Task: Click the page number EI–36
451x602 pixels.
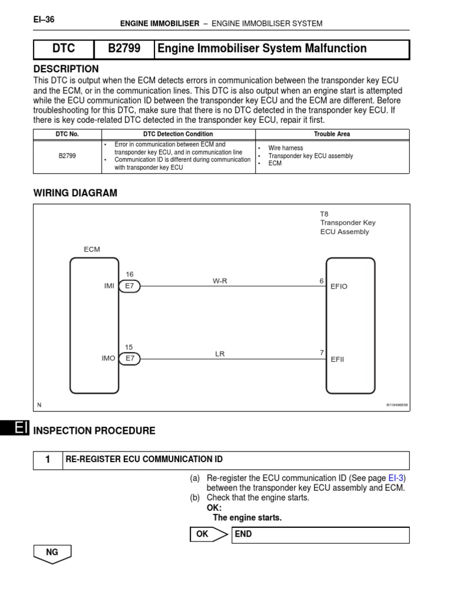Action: coord(44,19)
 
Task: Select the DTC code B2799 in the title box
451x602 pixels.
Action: coord(124,49)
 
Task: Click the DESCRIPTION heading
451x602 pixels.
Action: coord(66,69)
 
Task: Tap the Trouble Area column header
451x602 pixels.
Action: coord(332,134)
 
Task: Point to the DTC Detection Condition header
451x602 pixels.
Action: coord(178,134)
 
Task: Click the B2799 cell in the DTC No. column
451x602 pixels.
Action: coord(67,156)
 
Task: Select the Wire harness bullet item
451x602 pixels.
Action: coord(285,148)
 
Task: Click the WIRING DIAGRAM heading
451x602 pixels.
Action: coord(75,193)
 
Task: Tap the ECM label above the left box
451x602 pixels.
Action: coord(92,249)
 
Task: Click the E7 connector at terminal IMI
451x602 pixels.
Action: coord(129,286)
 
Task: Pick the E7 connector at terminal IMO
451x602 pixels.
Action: coord(129,358)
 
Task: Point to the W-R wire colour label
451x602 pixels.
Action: coord(220,281)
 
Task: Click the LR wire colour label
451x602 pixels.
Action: coord(220,353)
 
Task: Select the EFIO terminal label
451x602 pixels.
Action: coord(339,286)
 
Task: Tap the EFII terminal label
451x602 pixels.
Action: coord(338,359)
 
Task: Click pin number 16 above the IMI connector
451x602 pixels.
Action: coord(130,274)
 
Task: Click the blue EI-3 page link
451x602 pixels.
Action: coord(396,479)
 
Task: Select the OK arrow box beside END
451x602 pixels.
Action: coord(208,534)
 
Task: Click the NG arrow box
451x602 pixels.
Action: coord(52,553)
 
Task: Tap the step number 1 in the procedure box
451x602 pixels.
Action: coord(48,460)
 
